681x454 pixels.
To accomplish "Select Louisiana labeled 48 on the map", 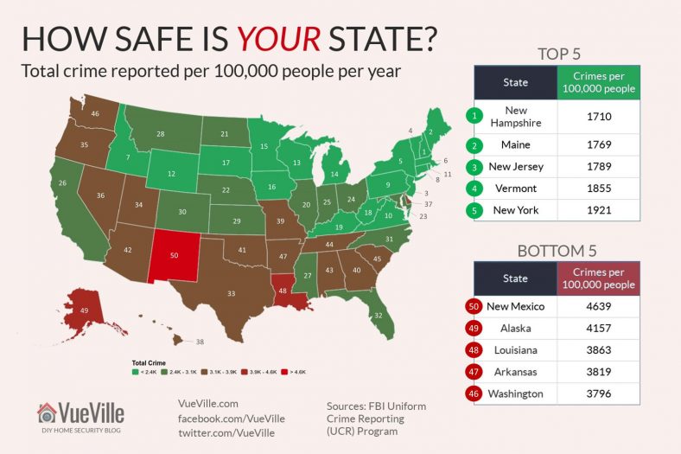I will [x=284, y=291].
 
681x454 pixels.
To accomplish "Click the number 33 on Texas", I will [x=231, y=294].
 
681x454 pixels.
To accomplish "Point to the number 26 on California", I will [x=62, y=183].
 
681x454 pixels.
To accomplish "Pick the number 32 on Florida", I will [x=379, y=316].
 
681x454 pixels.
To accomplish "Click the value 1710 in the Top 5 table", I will [x=599, y=116].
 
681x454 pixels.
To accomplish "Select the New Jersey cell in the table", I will [x=516, y=166].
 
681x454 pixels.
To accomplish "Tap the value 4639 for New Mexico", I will [x=599, y=306].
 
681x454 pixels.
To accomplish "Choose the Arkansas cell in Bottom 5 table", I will [x=516, y=372].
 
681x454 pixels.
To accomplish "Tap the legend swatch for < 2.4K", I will [x=135, y=371].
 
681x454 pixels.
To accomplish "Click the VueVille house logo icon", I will [x=48, y=412].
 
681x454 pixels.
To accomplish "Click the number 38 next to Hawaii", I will [x=200, y=342].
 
